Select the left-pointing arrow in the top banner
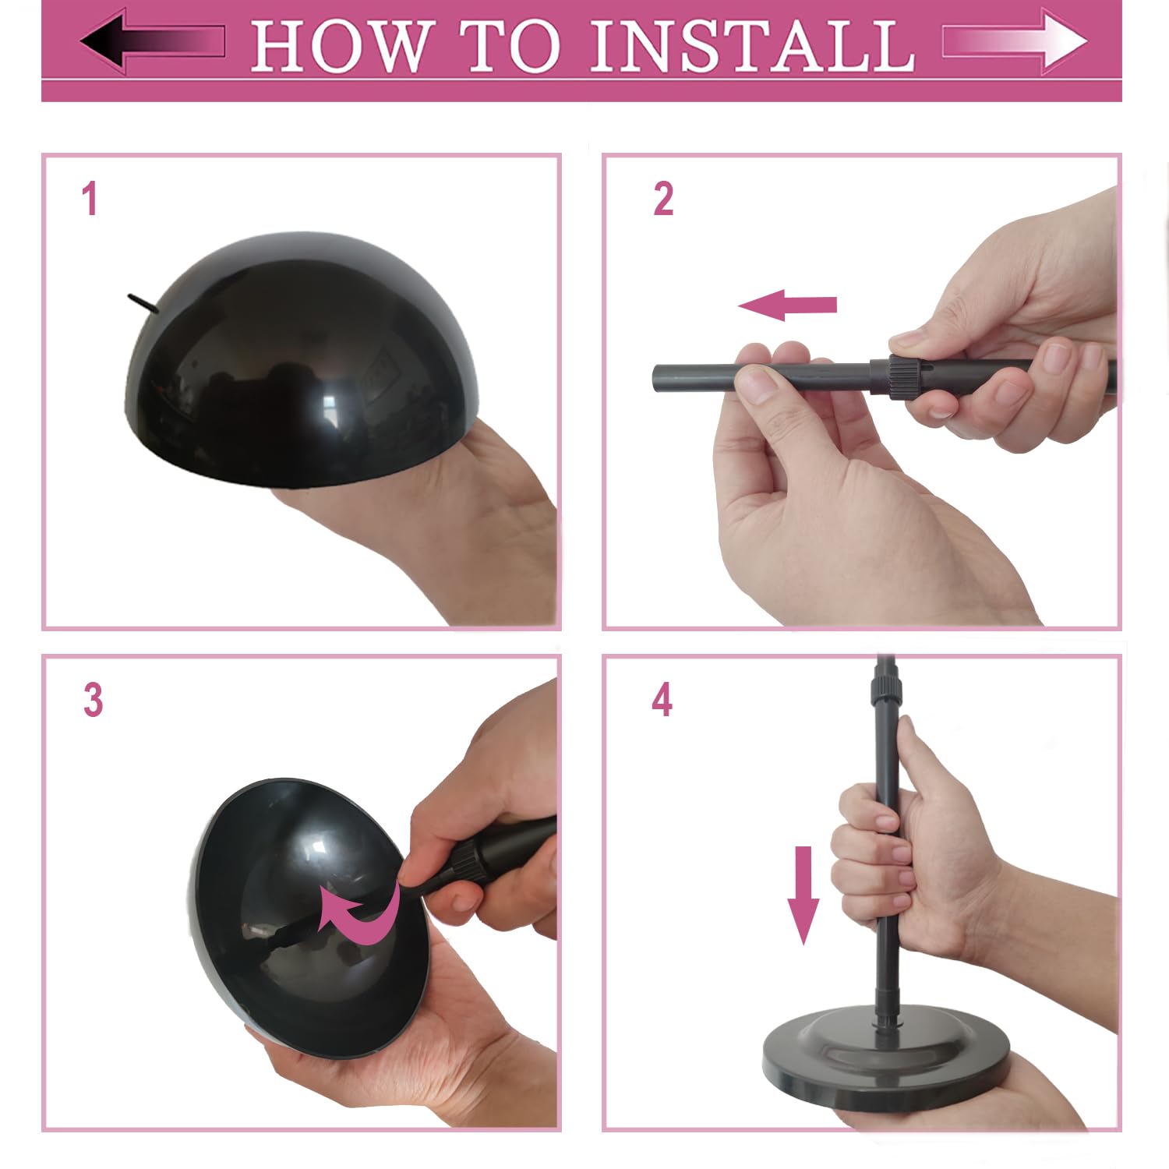tap(153, 41)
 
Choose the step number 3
tap(93, 700)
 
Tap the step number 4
tap(662, 700)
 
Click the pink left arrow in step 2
tap(787, 305)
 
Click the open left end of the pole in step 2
tap(657, 379)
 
